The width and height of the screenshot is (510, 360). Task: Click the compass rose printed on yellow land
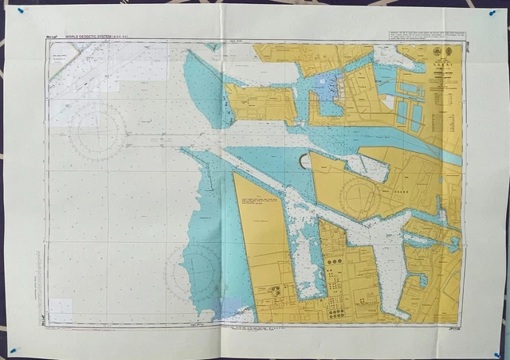(359, 196)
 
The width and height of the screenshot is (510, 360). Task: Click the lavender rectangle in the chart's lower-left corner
(61, 311)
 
